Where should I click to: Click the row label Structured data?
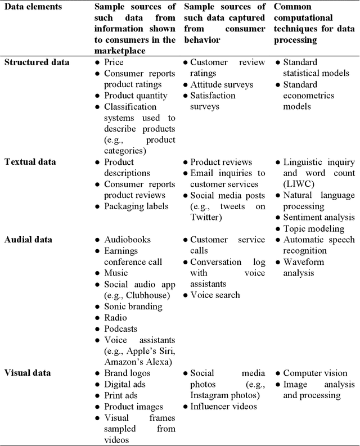click(37, 62)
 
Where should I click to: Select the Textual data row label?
click(31, 161)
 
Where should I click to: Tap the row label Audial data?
click(29, 240)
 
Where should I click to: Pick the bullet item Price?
click(114, 62)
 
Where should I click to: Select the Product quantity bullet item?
click(136, 96)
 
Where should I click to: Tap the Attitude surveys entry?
click(222, 84)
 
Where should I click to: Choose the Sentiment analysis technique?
click(318, 218)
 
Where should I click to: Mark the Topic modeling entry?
click(314, 228)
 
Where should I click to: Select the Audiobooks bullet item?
click(127, 240)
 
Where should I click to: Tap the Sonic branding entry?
click(133, 306)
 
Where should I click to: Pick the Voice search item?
click(215, 295)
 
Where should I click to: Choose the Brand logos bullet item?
click(127, 373)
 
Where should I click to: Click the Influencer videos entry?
click(223, 406)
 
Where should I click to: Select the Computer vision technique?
click(315, 373)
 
